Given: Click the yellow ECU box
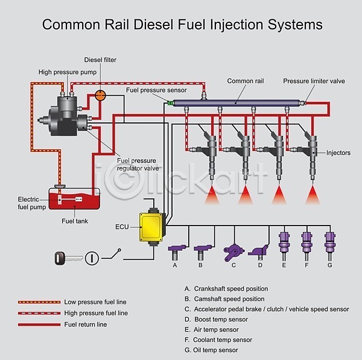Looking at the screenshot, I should pos(152,227).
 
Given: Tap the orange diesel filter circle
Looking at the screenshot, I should pos(101,95).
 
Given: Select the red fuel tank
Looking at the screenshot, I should pos(74,198).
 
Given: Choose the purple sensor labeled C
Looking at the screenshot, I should pos(233,250).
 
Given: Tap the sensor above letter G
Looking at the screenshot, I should pos(329,242).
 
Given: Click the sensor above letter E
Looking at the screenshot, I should pos(284,242).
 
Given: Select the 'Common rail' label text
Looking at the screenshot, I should pos(246,81).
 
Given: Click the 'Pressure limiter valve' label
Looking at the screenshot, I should pos(314,81).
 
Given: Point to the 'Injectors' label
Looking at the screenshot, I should pos(338,153).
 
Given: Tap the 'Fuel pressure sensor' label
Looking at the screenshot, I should pos(156,90).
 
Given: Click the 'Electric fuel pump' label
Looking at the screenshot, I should pos(32,203).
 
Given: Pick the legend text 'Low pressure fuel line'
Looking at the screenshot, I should pos(95,302).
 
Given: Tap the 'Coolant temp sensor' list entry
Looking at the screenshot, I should pos(223,340).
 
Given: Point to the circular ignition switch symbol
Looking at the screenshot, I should pos(90,258).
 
